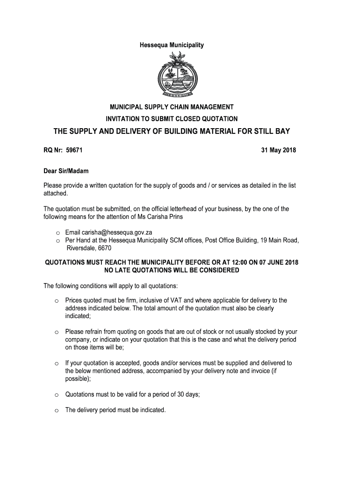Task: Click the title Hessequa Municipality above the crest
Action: pyautogui.click(x=172, y=45)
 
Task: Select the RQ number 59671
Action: pyautogui.click(x=75, y=151)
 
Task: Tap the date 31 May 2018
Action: pyautogui.click(x=278, y=151)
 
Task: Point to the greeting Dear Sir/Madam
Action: pyautogui.click(x=66, y=171)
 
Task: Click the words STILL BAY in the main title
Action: pyautogui.click(x=269, y=131)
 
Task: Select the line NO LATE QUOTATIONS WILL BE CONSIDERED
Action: pyautogui.click(x=172, y=270)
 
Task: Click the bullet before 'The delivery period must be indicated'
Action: pyautogui.click(x=57, y=411)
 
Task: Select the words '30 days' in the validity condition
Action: pyautogui.click(x=187, y=394)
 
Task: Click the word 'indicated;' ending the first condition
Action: pyautogui.click(x=79, y=316)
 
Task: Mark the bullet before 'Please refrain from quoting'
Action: pyautogui.click(x=57, y=332)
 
